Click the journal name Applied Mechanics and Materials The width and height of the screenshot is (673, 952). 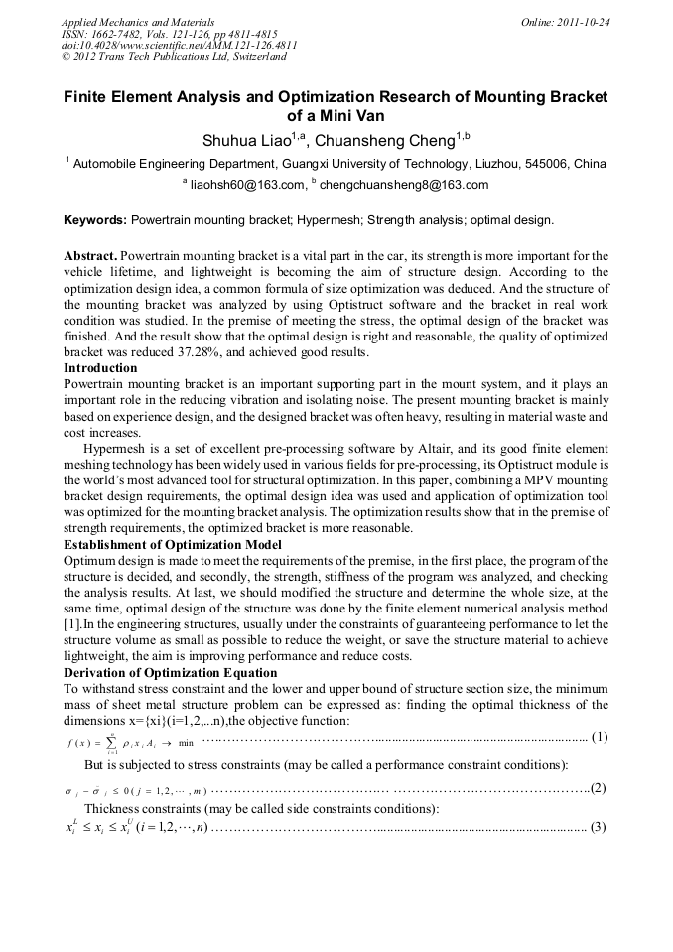(x=138, y=21)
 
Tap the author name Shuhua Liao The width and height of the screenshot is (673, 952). (x=242, y=141)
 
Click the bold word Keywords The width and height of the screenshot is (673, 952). (x=94, y=220)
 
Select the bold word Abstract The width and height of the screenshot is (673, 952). (x=90, y=255)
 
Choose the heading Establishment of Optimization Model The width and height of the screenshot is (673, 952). (x=172, y=545)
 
